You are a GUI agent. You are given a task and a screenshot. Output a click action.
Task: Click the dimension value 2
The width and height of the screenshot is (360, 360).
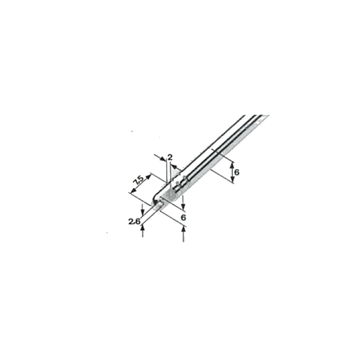[x=170, y=157]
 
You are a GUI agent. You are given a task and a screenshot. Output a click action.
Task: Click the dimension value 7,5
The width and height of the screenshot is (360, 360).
[x=139, y=180]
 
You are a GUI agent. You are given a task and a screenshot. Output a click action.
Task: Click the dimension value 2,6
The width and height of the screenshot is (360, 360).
[x=134, y=221]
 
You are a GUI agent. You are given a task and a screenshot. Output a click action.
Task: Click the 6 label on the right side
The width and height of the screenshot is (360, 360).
[x=236, y=172]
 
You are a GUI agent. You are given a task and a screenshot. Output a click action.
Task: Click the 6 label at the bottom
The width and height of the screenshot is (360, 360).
[x=183, y=217]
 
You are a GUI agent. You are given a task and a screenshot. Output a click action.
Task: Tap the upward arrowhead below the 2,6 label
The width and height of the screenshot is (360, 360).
[x=143, y=228]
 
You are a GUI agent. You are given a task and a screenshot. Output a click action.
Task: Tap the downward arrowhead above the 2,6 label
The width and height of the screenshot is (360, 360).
[x=142, y=213]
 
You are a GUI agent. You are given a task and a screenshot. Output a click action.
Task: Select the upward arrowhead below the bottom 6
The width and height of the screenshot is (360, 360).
[x=183, y=229]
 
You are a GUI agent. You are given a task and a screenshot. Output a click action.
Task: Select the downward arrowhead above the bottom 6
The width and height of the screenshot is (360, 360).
[x=183, y=206]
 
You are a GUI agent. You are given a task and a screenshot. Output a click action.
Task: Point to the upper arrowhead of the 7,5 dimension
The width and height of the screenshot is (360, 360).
[x=149, y=177]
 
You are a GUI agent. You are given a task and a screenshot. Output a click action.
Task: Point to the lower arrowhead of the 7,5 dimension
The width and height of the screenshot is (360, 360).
[x=132, y=190]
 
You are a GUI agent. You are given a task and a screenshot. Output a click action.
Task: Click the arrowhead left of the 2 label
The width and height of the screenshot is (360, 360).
[x=163, y=158]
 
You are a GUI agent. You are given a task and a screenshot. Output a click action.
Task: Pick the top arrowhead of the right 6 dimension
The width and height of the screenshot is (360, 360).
[x=232, y=165]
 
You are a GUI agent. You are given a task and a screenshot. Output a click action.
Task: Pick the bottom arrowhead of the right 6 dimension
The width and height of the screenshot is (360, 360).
[x=232, y=180]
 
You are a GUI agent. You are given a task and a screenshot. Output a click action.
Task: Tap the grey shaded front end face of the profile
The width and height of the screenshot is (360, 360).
[x=169, y=195]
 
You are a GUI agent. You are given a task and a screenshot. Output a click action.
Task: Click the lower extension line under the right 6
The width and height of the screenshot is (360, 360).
[x=222, y=176]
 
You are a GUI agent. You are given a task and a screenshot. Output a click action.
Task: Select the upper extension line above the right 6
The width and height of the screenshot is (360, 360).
[x=222, y=155]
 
